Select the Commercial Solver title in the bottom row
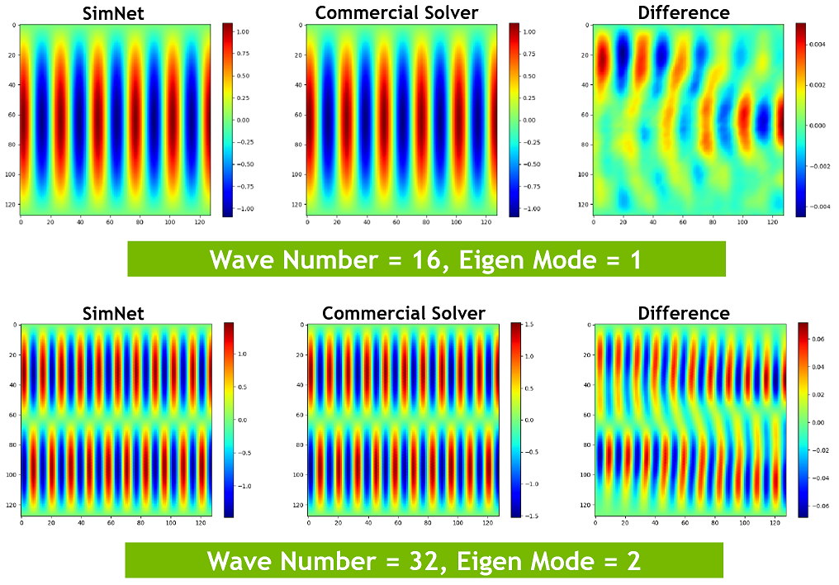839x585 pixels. [403, 313]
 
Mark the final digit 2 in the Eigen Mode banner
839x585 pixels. [633, 561]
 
